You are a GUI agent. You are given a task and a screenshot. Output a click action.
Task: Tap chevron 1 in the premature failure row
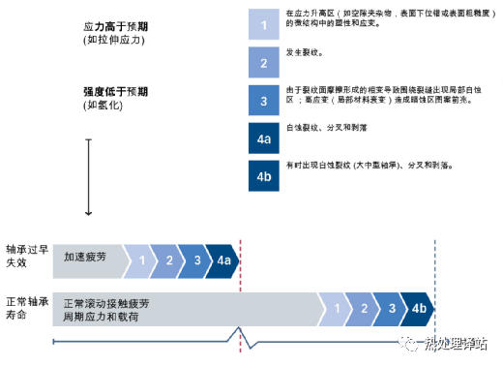[140, 259]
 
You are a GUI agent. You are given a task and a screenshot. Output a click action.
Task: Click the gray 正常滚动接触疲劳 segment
[184, 308]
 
